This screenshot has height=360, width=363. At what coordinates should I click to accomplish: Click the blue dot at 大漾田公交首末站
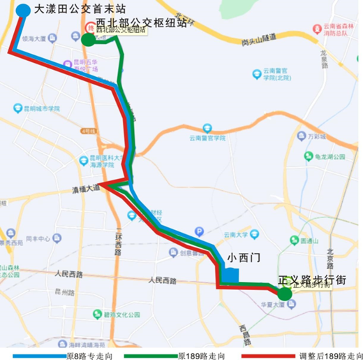[22, 10]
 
